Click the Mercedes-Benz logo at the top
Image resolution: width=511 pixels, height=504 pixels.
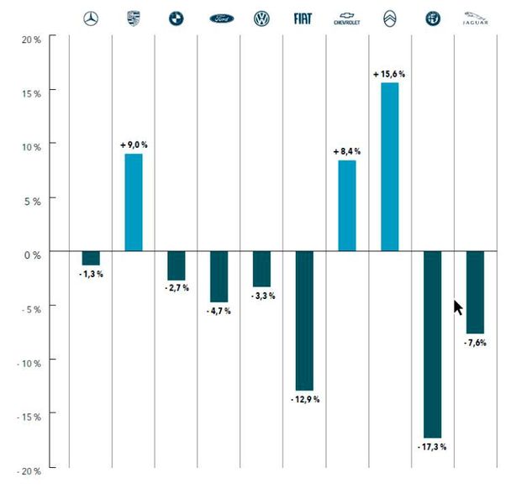pyautogui.click(x=91, y=18)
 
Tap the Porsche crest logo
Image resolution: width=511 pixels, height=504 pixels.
pyautogui.click(x=134, y=18)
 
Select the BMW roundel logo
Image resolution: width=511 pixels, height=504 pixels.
pyautogui.click(x=176, y=18)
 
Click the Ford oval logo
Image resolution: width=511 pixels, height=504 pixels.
pyautogui.click(x=219, y=18)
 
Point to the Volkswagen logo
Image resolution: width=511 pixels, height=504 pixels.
pyautogui.click(x=261, y=18)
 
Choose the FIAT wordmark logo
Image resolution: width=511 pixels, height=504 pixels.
pyautogui.click(x=303, y=18)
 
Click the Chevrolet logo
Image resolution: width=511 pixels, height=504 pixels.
pyautogui.click(x=346, y=18)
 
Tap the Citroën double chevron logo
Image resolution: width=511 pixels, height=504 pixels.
pyautogui.click(x=390, y=18)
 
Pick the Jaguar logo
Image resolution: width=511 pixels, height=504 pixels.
pyautogui.click(x=475, y=18)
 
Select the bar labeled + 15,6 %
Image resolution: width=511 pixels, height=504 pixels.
pyautogui.click(x=390, y=166)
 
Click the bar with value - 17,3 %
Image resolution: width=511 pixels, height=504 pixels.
pyautogui.click(x=432, y=344)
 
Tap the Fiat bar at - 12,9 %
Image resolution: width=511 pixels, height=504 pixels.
pyautogui.click(x=303, y=320)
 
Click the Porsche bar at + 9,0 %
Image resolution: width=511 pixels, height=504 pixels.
pyautogui.click(x=134, y=202)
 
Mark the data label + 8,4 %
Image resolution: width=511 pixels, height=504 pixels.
pyautogui.click(x=346, y=151)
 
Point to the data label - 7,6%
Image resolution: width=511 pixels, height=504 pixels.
pyautogui.click(x=475, y=343)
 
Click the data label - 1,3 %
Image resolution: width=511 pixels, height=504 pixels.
pyautogui.click(x=91, y=275)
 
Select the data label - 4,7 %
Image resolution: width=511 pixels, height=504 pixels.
pyautogui.click(x=219, y=311)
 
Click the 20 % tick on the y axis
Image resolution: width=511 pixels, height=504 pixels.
pyautogui.click(x=33, y=39)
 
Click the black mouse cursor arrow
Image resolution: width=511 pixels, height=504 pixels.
pyautogui.click(x=458, y=307)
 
